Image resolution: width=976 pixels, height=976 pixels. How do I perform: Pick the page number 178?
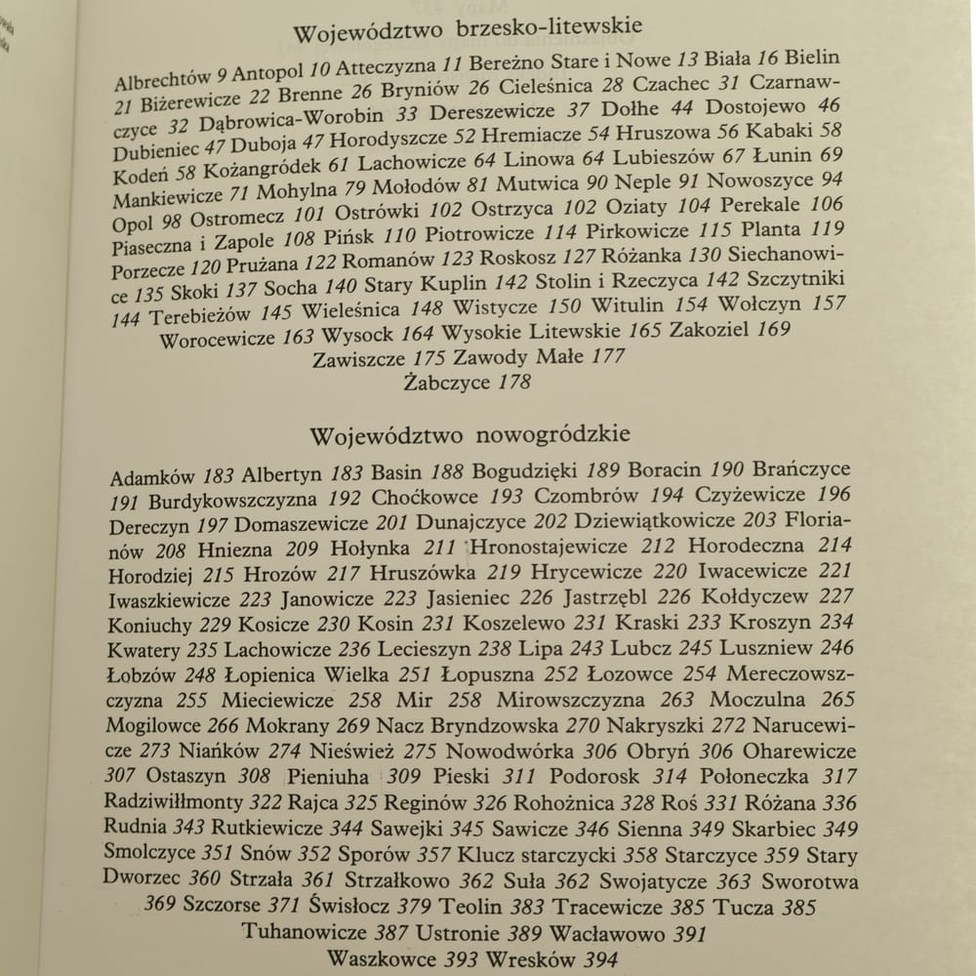pos(514,382)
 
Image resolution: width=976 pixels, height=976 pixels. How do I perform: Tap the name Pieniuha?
pos(328,778)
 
